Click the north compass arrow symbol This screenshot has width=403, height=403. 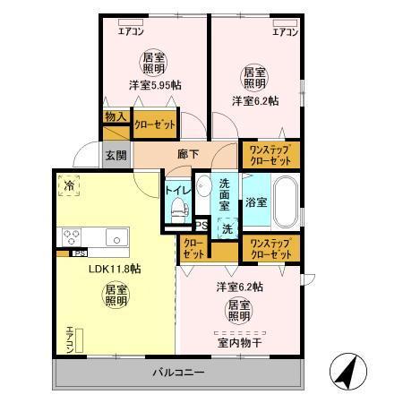coord(345,371)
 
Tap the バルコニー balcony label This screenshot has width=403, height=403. coord(177,372)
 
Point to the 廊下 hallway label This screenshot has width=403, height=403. coord(187,153)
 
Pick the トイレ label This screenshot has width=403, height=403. coord(176,190)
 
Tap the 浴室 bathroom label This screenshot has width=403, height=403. coord(256,201)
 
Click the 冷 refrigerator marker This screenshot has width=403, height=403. coord(69,185)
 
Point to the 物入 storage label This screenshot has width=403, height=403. coord(115,116)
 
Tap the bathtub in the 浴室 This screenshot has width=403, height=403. coord(284,202)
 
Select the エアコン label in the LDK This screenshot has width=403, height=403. coord(69,339)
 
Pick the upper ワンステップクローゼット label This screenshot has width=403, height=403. coord(270,153)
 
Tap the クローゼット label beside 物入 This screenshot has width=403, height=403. coord(154,124)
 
